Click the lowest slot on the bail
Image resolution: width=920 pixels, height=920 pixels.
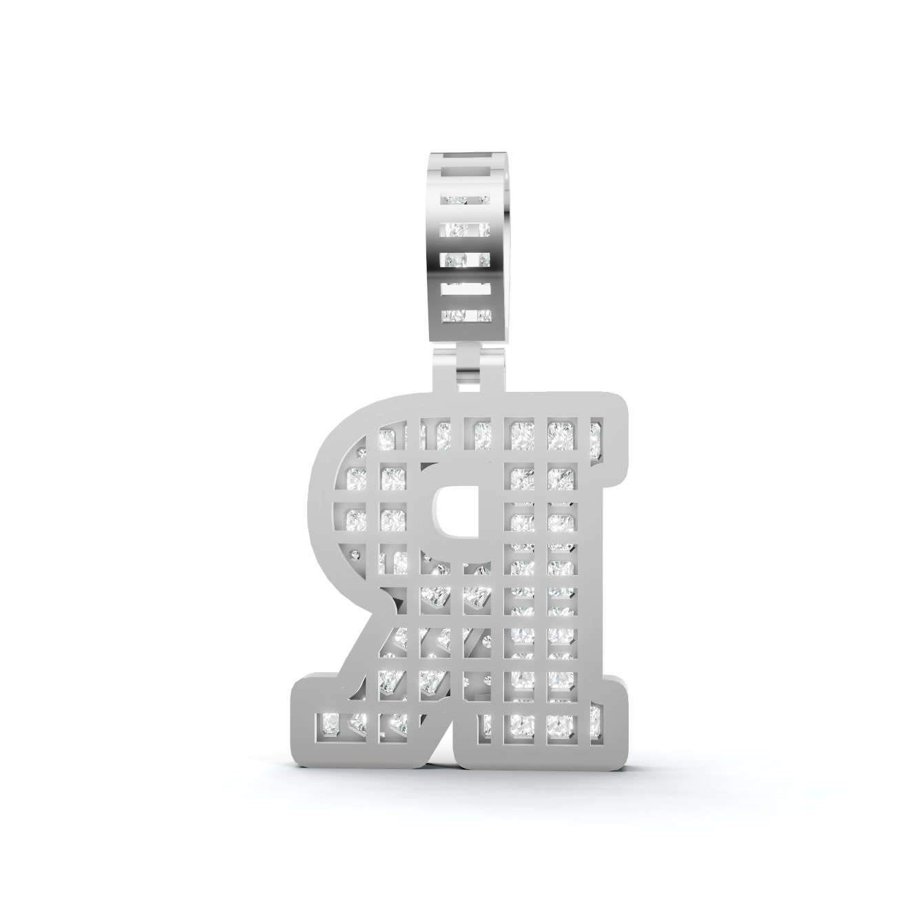[466, 315]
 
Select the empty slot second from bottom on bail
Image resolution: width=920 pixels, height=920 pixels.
[466, 289]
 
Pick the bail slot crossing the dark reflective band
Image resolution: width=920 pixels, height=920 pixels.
[466, 261]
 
